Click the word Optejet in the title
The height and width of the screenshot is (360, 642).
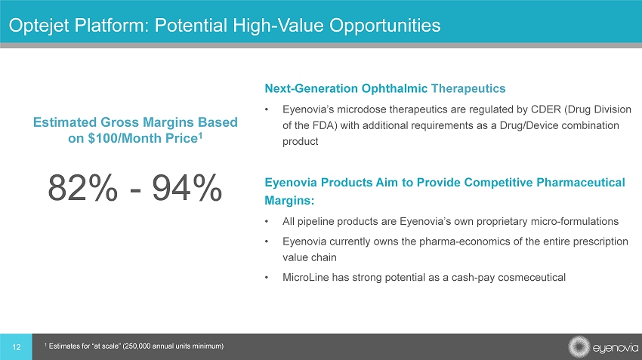[39, 26]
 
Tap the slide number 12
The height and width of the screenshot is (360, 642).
[17, 347]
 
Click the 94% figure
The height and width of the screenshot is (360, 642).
[187, 188]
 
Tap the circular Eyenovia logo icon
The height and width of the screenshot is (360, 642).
[579, 347]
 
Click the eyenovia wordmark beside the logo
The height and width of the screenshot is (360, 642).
[616, 348]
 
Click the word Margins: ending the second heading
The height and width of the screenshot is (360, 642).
[289, 201]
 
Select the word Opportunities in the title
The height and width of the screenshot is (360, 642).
[385, 26]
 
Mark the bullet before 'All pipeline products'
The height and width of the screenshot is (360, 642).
[267, 222]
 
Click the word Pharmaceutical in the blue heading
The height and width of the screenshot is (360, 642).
[581, 183]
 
